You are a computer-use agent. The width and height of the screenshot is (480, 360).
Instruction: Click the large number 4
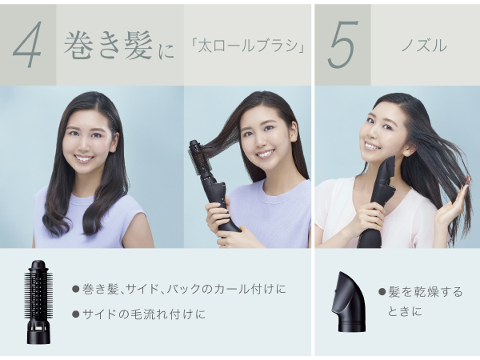pos(27,45)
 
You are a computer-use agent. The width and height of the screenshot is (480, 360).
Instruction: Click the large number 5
pos(342,45)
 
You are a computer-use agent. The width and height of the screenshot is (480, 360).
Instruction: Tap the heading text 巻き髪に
pos(119,46)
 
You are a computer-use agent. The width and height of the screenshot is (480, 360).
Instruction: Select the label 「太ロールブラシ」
pos(247,46)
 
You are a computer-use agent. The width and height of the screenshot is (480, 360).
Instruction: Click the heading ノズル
pos(424,46)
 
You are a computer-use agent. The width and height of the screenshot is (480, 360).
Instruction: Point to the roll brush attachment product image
pos(38,302)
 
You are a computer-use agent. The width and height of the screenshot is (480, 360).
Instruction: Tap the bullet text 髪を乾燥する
pos(426,292)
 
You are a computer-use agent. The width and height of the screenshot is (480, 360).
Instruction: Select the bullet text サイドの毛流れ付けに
pos(144,314)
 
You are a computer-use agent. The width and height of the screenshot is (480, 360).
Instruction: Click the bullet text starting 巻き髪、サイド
pos(184,289)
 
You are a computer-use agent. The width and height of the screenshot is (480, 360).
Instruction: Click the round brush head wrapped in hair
pos(199,158)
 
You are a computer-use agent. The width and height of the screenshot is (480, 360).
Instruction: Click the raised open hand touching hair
pos(451,203)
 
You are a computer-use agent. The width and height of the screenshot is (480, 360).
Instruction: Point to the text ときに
pos(405,312)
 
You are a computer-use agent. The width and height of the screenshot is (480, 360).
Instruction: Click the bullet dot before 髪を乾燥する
pos(382,292)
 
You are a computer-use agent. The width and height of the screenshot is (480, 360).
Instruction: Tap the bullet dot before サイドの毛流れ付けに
pos(76,314)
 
